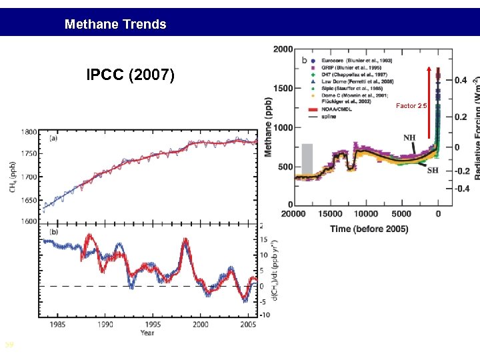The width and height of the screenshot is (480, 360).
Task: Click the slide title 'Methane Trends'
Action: (115, 25)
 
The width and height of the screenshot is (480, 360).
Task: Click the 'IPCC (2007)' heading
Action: (131, 75)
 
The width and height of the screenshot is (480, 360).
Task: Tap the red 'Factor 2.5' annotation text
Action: (411, 106)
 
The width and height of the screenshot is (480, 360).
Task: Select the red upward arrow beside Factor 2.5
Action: (429, 100)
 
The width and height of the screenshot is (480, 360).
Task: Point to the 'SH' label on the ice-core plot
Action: (433, 169)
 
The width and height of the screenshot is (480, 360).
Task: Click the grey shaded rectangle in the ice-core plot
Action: (307, 160)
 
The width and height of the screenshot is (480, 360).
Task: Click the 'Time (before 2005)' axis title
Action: (369, 229)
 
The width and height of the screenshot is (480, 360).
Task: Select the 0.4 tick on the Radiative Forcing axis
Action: (461, 80)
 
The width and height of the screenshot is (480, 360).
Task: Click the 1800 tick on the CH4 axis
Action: (29, 132)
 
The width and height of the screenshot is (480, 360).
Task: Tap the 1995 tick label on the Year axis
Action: (153, 325)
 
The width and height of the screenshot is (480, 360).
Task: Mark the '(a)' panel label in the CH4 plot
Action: (54, 138)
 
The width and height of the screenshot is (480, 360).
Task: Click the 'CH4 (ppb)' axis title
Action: (13, 177)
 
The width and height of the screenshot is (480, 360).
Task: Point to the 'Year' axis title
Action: (147, 333)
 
